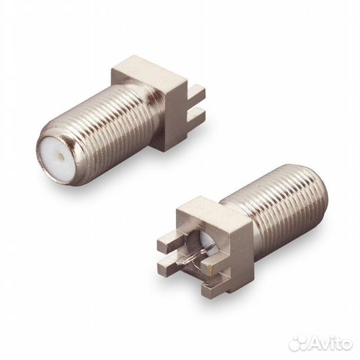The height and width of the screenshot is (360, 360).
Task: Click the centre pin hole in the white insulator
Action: click(61, 157)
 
